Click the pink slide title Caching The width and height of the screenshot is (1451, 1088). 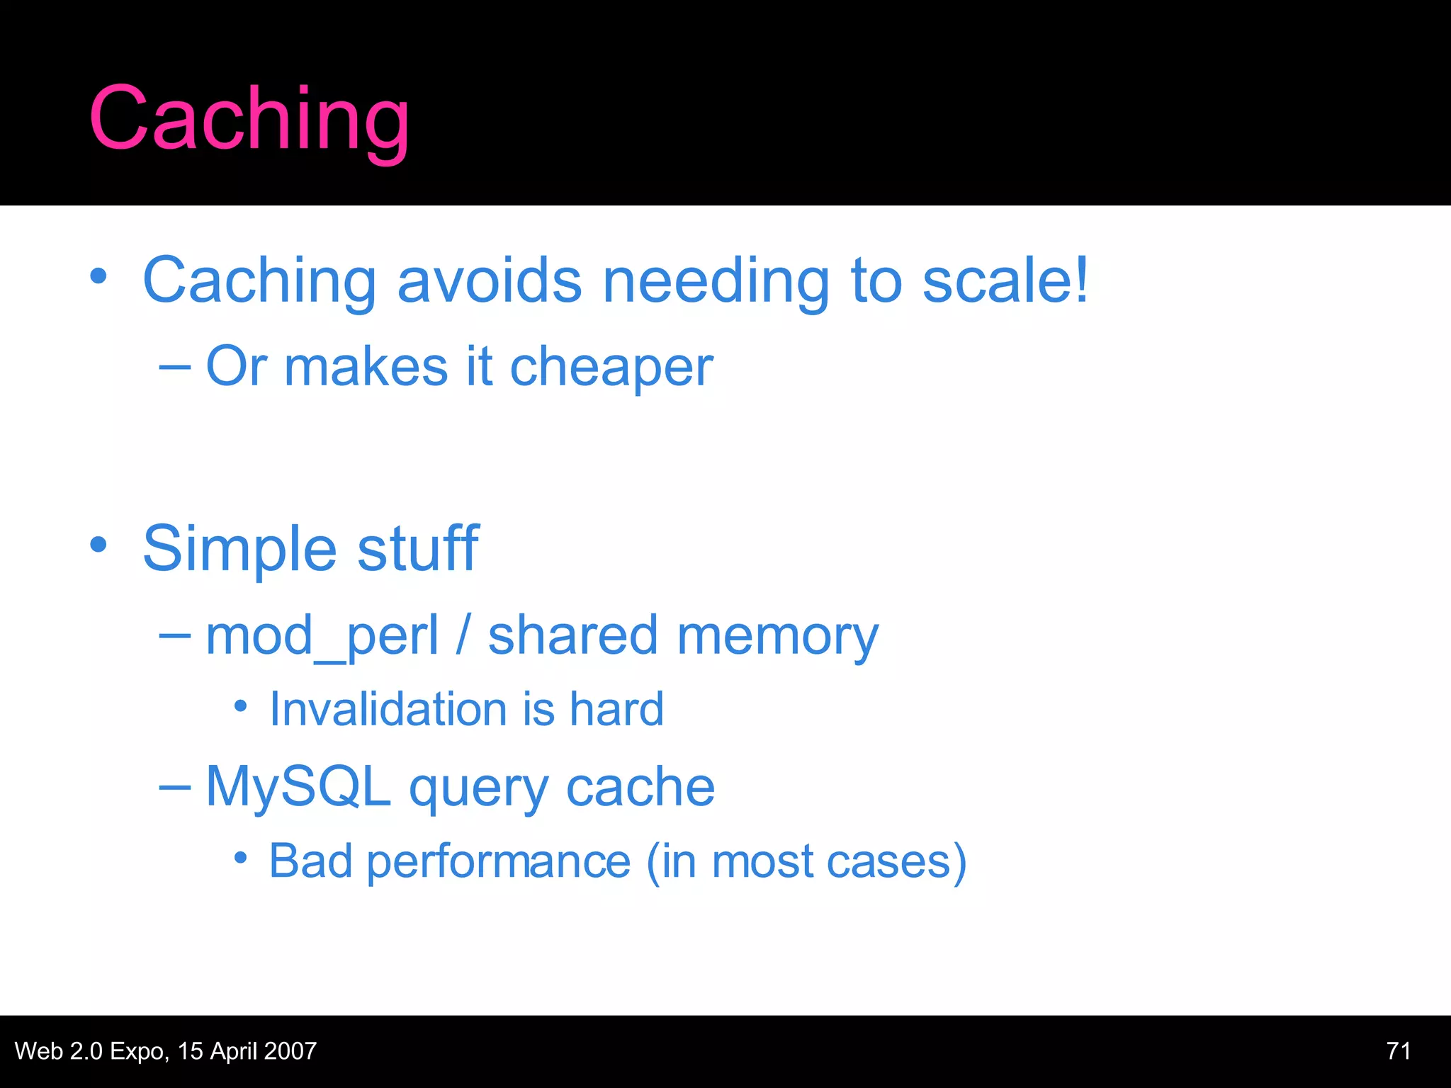click(x=249, y=119)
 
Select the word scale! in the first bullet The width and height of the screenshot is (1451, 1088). click(x=1005, y=280)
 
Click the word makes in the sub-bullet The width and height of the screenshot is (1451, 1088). click(x=366, y=367)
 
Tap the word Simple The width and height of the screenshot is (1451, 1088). click(x=239, y=550)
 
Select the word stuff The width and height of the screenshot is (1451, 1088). click(x=418, y=548)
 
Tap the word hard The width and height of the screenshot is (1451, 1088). click(x=616, y=710)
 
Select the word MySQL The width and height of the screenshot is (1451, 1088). click(x=298, y=788)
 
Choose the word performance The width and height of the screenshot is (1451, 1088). click(x=499, y=863)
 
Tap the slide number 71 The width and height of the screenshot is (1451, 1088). click(x=1399, y=1051)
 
